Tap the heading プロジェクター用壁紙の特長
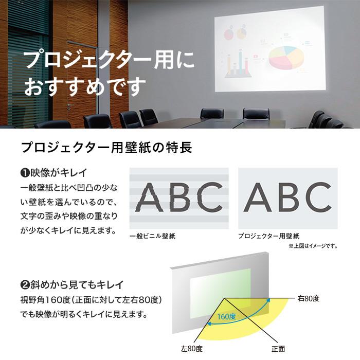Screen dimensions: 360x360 [x=106, y=148]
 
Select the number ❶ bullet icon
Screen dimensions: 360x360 [x=24, y=172]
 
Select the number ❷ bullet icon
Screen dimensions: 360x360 [x=24, y=284]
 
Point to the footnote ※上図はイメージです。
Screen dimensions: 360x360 [x=313, y=246]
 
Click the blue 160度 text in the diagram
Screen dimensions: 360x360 [x=226, y=316]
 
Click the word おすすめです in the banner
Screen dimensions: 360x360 [x=85, y=85]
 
